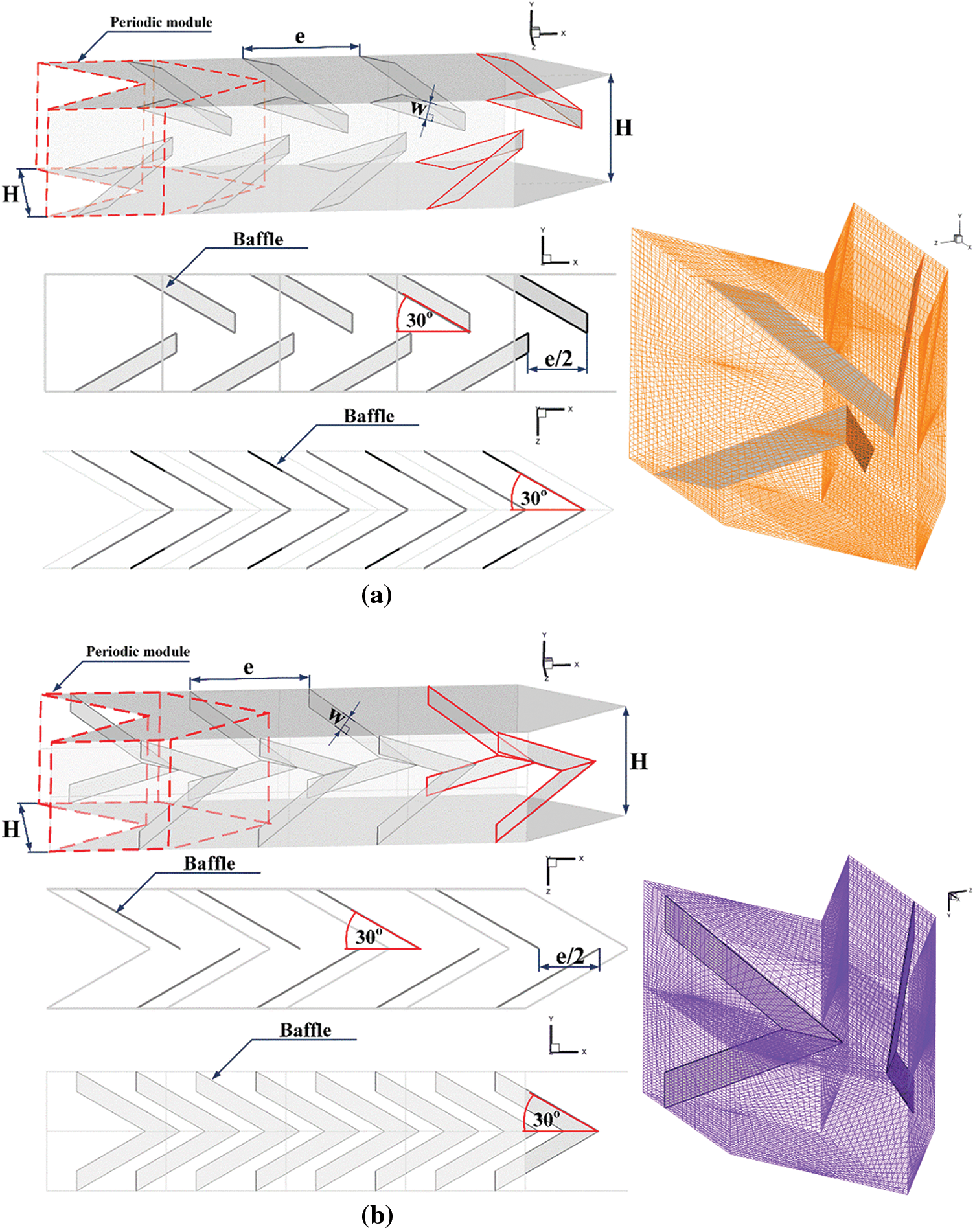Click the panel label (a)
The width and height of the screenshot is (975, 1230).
[x=376, y=594]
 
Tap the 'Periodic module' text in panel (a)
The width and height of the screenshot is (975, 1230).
[x=161, y=22]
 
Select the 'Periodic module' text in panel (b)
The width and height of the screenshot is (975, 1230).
[x=138, y=651]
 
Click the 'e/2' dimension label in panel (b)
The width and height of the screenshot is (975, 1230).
[x=570, y=955]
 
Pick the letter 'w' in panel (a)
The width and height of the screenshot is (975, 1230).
[x=419, y=108]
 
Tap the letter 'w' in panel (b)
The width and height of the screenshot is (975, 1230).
[x=336, y=716]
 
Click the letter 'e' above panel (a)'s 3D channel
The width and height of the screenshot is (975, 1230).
[x=300, y=36]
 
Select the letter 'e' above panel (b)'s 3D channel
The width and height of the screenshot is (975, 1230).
[x=249, y=667]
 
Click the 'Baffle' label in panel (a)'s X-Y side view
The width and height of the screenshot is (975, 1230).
[x=258, y=239]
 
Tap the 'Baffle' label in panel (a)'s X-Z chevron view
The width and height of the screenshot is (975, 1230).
[x=369, y=416]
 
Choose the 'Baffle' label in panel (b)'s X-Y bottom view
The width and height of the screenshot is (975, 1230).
[x=305, y=1030]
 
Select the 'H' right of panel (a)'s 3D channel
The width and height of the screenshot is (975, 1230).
[x=623, y=128]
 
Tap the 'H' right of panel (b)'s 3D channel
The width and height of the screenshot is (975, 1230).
[x=639, y=760]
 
